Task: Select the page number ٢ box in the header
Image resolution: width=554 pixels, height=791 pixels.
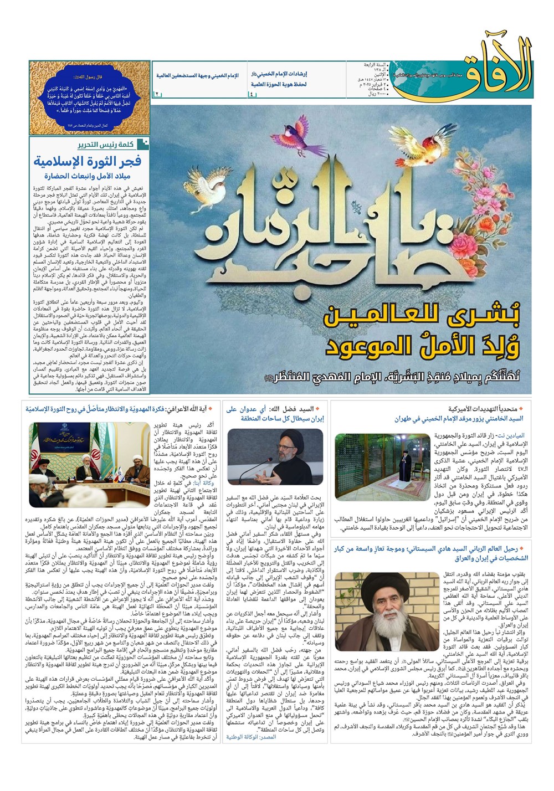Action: (x=157, y=95)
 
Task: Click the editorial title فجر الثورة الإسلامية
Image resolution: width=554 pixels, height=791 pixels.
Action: (x=88, y=161)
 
